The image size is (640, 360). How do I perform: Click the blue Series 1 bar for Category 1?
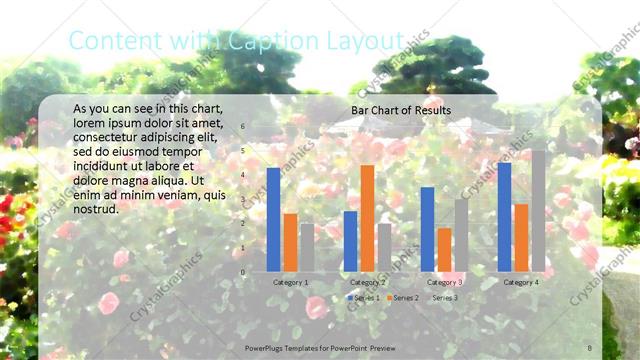[273, 220]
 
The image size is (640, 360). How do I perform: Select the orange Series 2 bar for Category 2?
[367, 218]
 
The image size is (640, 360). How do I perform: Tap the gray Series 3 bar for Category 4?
[538, 211]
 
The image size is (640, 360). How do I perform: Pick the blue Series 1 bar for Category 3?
[427, 229]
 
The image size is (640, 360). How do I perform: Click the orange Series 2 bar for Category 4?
[521, 238]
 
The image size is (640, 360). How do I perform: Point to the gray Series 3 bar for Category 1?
[307, 247]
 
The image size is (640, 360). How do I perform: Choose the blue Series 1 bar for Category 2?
[350, 241]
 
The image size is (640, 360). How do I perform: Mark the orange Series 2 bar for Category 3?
[444, 250]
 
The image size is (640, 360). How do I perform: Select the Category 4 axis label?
[520, 283]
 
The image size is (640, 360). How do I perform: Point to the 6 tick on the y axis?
[242, 126]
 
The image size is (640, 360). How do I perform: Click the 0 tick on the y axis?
[242, 272]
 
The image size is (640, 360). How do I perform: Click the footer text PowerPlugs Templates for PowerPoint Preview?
[320, 345]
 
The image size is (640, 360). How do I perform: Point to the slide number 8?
[590, 345]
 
